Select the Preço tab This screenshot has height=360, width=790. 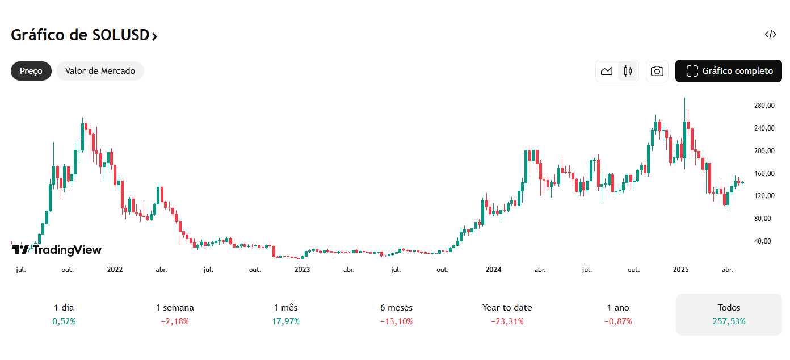tap(31, 71)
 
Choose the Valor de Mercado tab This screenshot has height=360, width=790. tap(100, 71)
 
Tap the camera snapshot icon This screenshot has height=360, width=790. tap(657, 71)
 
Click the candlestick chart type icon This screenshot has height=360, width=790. tap(628, 71)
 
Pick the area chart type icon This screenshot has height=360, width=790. tap(607, 71)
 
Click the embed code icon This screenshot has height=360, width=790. tap(770, 35)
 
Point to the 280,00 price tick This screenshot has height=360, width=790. tap(764, 106)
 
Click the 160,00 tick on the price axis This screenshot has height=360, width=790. tap(764, 174)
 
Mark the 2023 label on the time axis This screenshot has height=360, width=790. tap(302, 270)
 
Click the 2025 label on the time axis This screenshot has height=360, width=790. tap(680, 270)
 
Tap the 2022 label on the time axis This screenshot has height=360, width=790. tap(115, 270)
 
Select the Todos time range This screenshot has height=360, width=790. tap(729, 308)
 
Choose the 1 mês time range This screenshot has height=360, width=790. tap(285, 308)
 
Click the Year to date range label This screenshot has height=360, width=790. tap(507, 308)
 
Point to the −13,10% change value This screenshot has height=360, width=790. tap(396, 321)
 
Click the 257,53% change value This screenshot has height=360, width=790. tap(729, 321)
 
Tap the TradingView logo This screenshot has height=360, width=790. tap(57, 250)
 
